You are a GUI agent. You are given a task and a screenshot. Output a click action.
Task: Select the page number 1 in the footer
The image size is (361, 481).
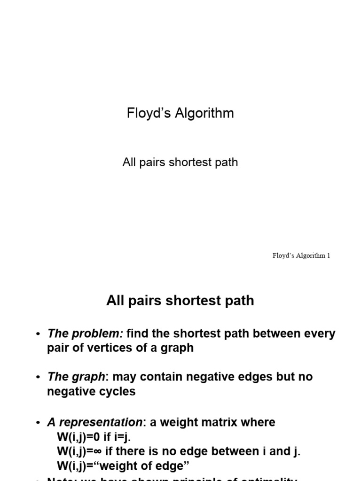pyautogui.click(x=329, y=256)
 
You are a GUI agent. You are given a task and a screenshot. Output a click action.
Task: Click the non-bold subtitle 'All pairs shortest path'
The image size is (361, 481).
pyautogui.click(x=180, y=163)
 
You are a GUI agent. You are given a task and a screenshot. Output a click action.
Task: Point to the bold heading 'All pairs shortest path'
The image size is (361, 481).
pyautogui.click(x=180, y=301)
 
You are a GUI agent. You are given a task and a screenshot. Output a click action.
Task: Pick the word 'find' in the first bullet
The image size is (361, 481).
pyautogui.click(x=137, y=334)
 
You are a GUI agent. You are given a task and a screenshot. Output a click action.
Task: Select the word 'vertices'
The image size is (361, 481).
pyautogui.click(x=115, y=348)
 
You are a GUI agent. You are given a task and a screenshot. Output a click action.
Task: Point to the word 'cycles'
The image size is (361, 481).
pyautogui.click(x=117, y=391)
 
